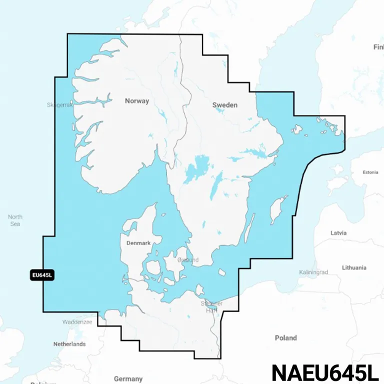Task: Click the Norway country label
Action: click(x=137, y=101)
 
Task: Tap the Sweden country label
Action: click(x=225, y=105)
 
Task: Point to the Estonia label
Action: click(x=370, y=172)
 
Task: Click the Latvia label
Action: click(x=338, y=233)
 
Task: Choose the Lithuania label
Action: click(x=354, y=267)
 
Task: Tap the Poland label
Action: click(x=285, y=338)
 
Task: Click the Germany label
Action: click(x=128, y=378)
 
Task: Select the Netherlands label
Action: click(x=69, y=344)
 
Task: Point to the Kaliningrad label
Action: click(x=313, y=272)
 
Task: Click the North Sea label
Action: click(x=15, y=220)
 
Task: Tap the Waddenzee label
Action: click(x=77, y=322)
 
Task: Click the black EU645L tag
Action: click(x=42, y=274)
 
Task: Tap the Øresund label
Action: click(x=188, y=260)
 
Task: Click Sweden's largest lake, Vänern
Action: click(x=196, y=169)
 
